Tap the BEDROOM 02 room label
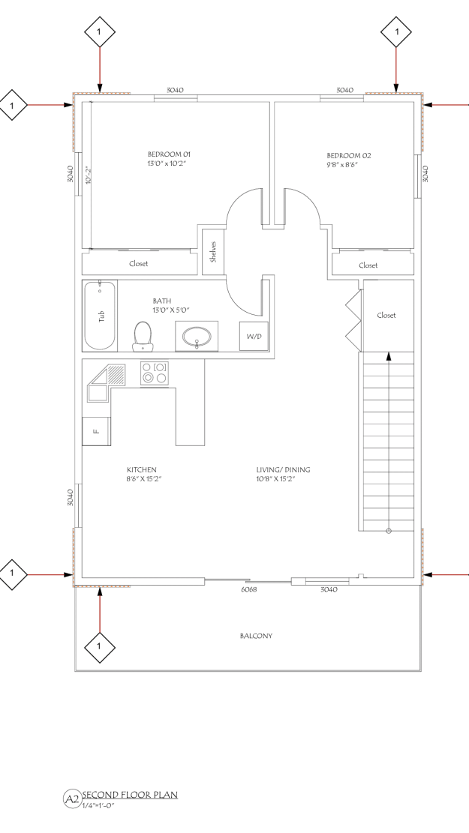(348, 156)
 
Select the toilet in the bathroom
(142, 336)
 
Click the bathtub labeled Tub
(100, 316)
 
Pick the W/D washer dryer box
(254, 337)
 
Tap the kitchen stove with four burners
(154, 373)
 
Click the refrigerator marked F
(96, 431)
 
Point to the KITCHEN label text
(141, 470)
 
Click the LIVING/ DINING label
(283, 470)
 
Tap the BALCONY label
(256, 636)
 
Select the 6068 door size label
(249, 589)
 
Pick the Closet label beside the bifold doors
(386, 315)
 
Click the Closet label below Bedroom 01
(139, 263)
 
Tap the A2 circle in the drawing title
(71, 799)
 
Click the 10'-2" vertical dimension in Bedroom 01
(88, 175)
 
